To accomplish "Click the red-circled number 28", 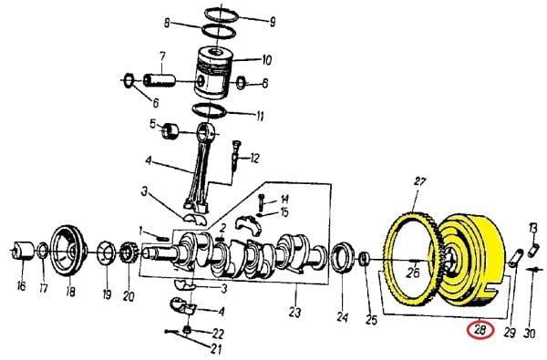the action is (480, 330).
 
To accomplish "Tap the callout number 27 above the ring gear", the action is (420, 181).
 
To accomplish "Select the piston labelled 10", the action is (213, 73).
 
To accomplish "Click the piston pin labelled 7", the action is (159, 80).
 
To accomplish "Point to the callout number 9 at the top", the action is (273, 22).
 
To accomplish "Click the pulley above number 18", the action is (68, 252).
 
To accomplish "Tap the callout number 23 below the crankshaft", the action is (294, 312).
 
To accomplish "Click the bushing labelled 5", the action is (170, 131).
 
